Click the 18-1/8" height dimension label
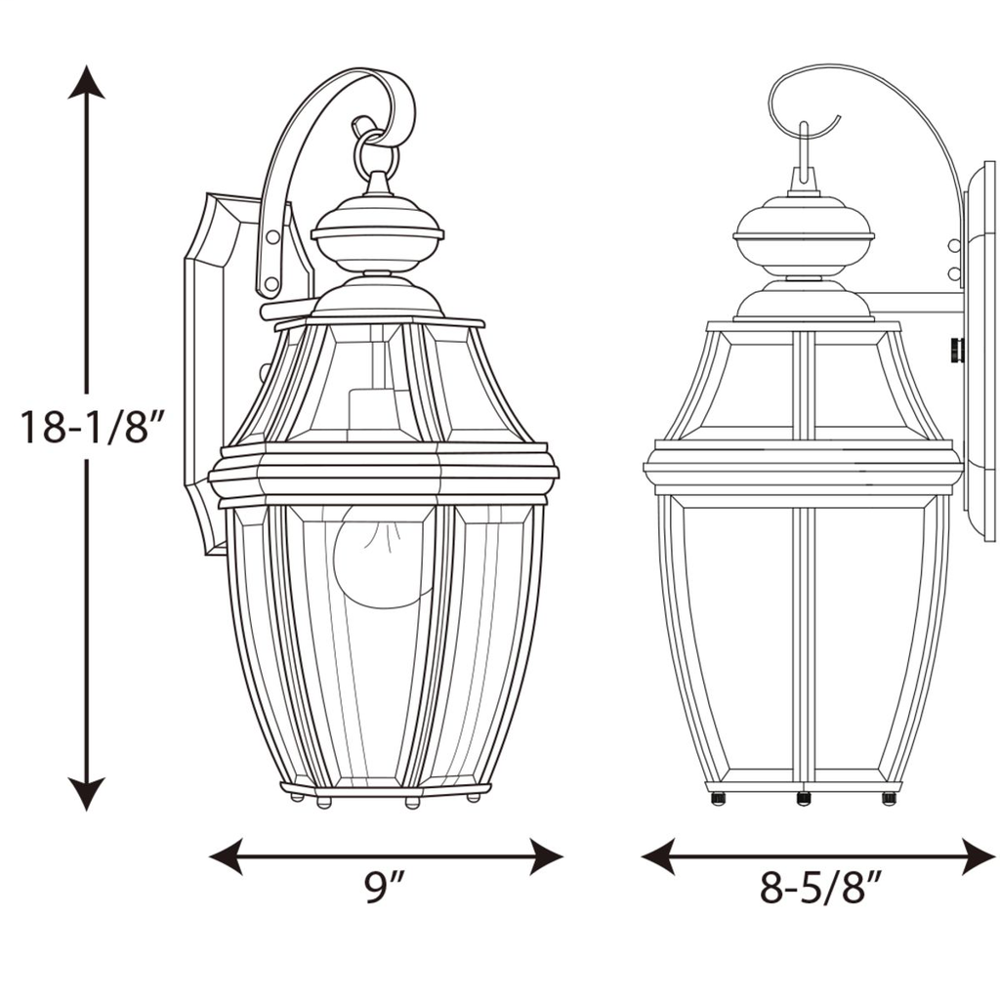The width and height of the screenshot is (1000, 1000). [x=89, y=426]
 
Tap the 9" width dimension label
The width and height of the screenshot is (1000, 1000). [x=385, y=888]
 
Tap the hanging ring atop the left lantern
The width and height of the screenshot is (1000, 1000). [x=376, y=151]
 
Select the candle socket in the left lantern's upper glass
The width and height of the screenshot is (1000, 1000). [x=368, y=410]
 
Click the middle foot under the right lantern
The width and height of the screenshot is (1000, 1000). [x=804, y=798]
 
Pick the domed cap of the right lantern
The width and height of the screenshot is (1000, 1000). [x=803, y=234]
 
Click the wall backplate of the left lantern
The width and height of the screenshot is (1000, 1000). [x=210, y=371]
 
